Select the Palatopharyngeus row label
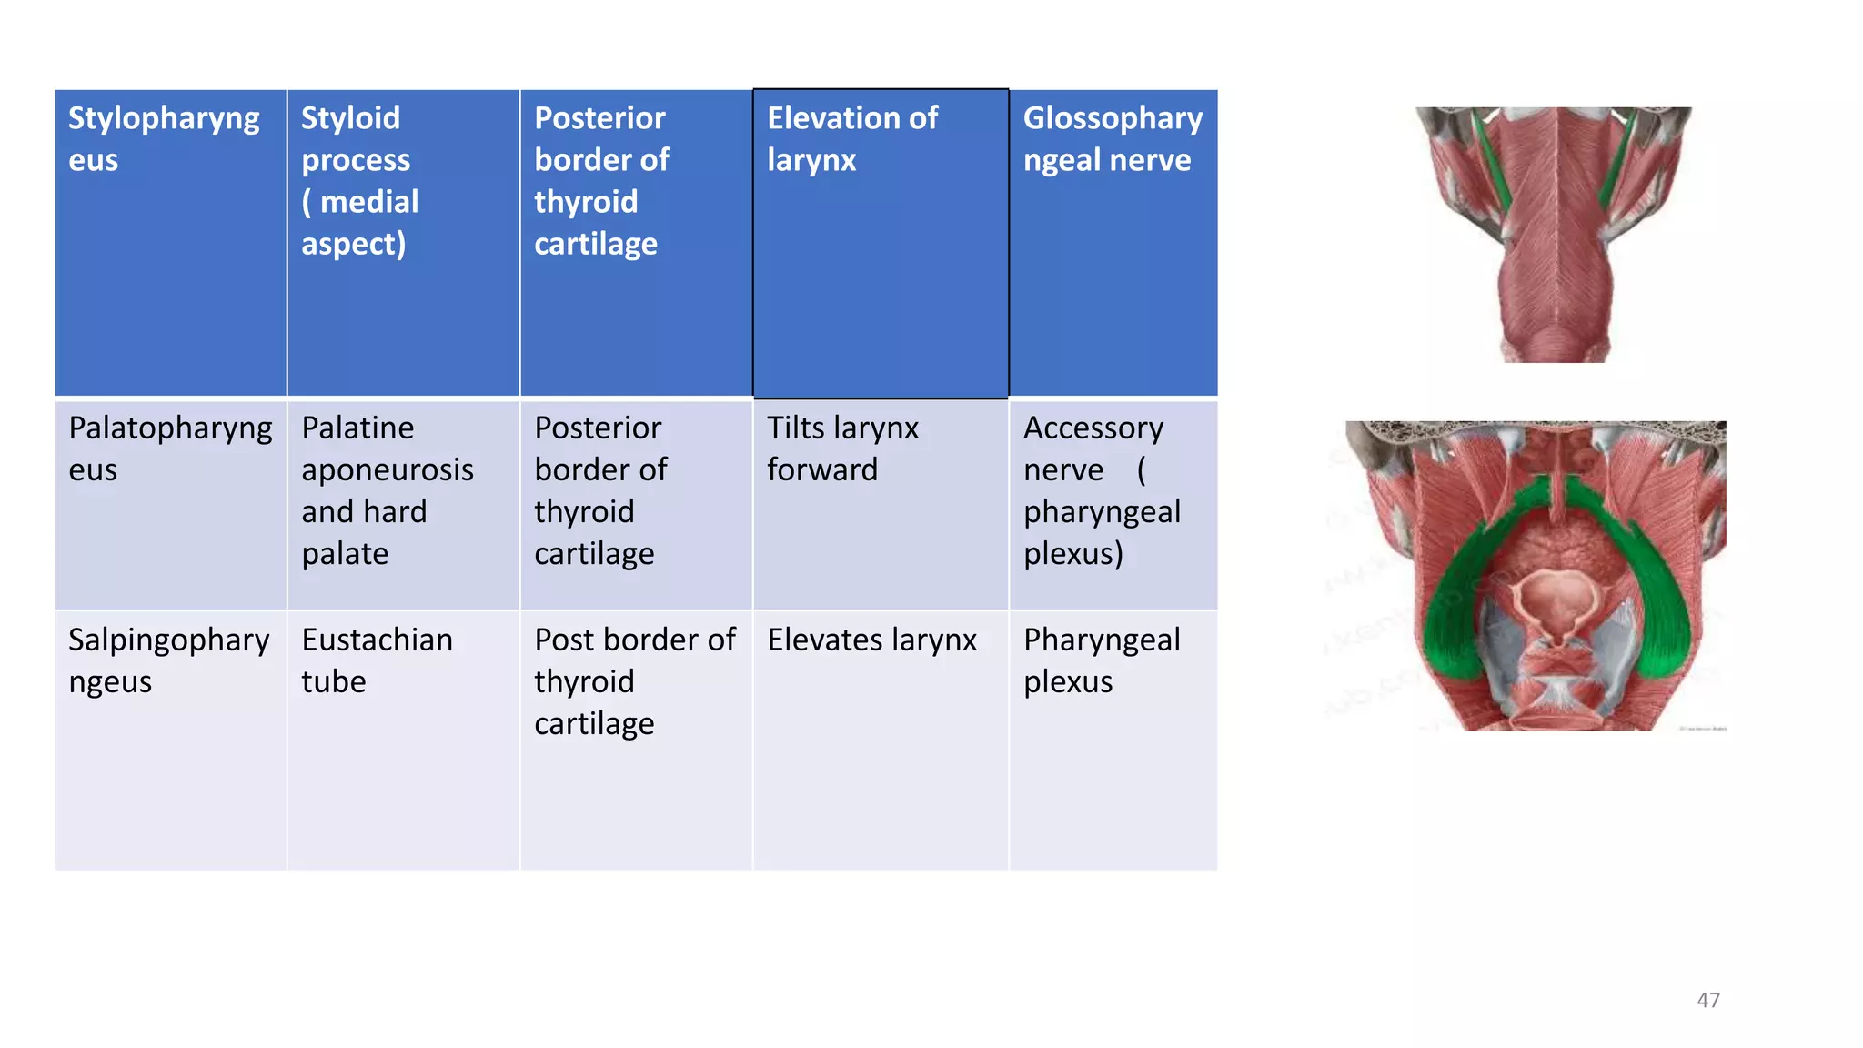click(170, 448)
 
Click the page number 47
click(1708, 1000)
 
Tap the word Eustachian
click(377, 640)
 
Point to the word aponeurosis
click(388, 469)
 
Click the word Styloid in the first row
click(350, 118)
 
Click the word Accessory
click(1093, 428)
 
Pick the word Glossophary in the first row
click(1113, 118)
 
